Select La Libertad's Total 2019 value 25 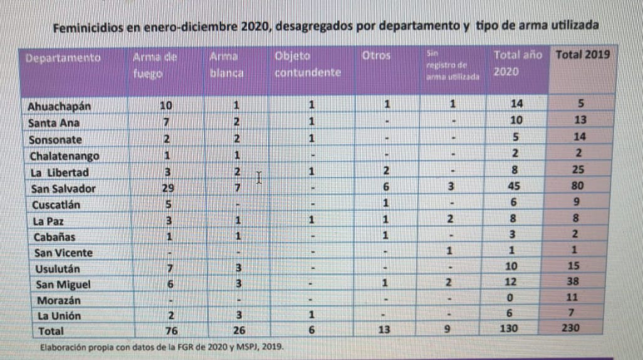[580, 171]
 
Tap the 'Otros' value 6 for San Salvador [387, 188]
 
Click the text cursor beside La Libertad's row [258, 178]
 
